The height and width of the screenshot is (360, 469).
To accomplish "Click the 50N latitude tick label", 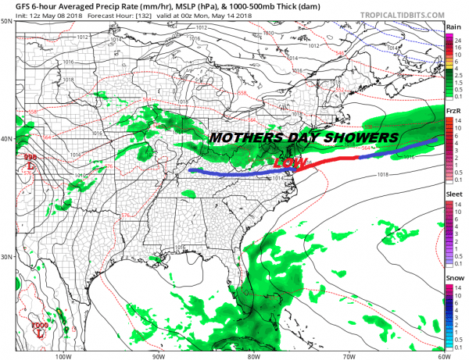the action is (x=6, y=21).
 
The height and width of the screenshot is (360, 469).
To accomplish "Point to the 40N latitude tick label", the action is (x=6, y=139).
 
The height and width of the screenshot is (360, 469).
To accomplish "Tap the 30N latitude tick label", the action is (x=6, y=257).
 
